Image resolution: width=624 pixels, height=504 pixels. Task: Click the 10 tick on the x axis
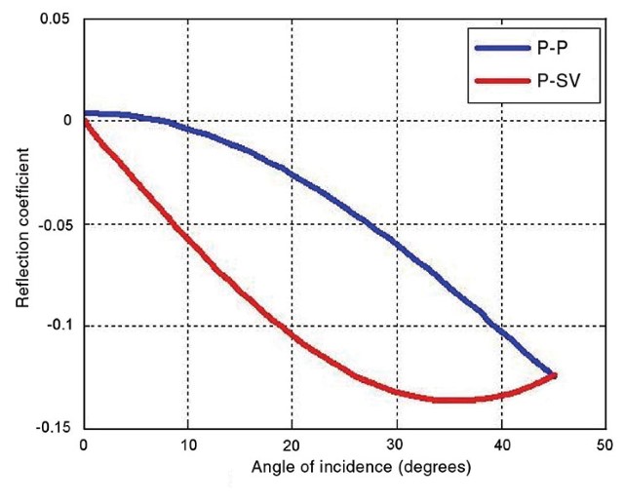pos(188,445)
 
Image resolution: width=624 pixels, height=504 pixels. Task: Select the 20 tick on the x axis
pos(292,445)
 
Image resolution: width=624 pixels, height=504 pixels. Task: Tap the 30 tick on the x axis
pos(397,445)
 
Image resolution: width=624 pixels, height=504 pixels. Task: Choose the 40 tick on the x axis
pos(501,445)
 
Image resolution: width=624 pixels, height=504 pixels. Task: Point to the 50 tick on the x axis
pos(604,445)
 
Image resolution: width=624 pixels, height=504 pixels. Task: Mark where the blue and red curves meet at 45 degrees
pos(553,375)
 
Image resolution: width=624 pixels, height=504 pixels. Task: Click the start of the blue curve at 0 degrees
pos(85,113)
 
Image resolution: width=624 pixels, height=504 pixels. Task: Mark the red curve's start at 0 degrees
pos(85,122)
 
